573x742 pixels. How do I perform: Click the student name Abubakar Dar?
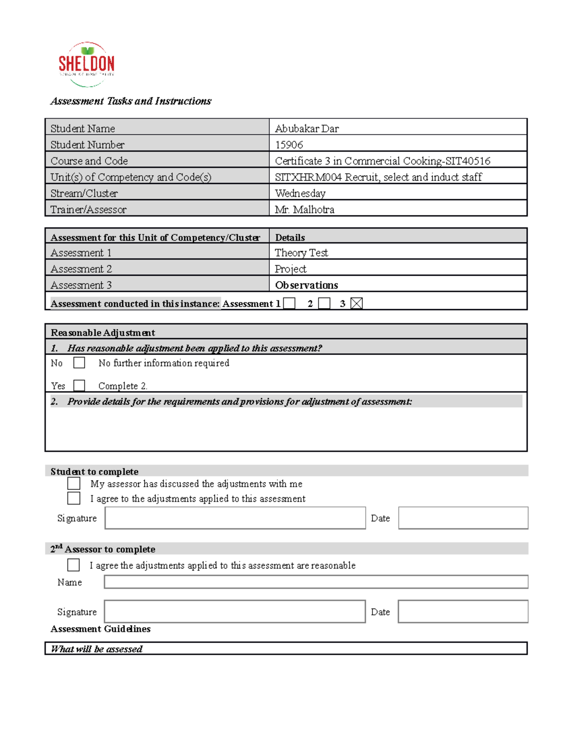pyautogui.click(x=307, y=129)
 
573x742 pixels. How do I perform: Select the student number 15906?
pyautogui.click(x=289, y=145)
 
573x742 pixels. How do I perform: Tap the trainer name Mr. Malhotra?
pyautogui.click(x=304, y=209)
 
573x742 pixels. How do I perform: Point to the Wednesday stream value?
pyautogui.click(x=300, y=194)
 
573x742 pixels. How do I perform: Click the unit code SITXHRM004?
pyautogui.click(x=308, y=177)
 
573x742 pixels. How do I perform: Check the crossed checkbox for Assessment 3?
pyautogui.click(x=356, y=303)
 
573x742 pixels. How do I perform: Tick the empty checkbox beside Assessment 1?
pyautogui.click(x=289, y=303)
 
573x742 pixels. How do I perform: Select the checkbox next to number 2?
pyautogui.click(x=324, y=303)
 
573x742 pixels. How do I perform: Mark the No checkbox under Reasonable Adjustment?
pyautogui.click(x=79, y=363)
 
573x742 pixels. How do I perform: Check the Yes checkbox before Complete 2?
pyautogui.click(x=79, y=385)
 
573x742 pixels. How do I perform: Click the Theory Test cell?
pyautogui.click(x=301, y=253)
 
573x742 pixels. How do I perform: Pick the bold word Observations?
pyautogui.click(x=307, y=285)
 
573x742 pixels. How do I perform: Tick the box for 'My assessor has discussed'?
pyautogui.click(x=74, y=484)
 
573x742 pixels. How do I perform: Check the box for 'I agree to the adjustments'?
pyautogui.click(x=74, y=498)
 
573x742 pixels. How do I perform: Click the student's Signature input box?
pyautogui.click(x=235, y=518)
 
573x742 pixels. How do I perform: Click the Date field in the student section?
pyautogui.click(x=463, y=518)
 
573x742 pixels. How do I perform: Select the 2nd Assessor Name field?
pyautogui.click(x=316, y=582)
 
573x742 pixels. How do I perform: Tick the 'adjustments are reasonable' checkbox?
pyautogui.click(x=74, y=565)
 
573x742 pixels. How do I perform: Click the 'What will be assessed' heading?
pyautogui.click(x=96, y=649)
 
